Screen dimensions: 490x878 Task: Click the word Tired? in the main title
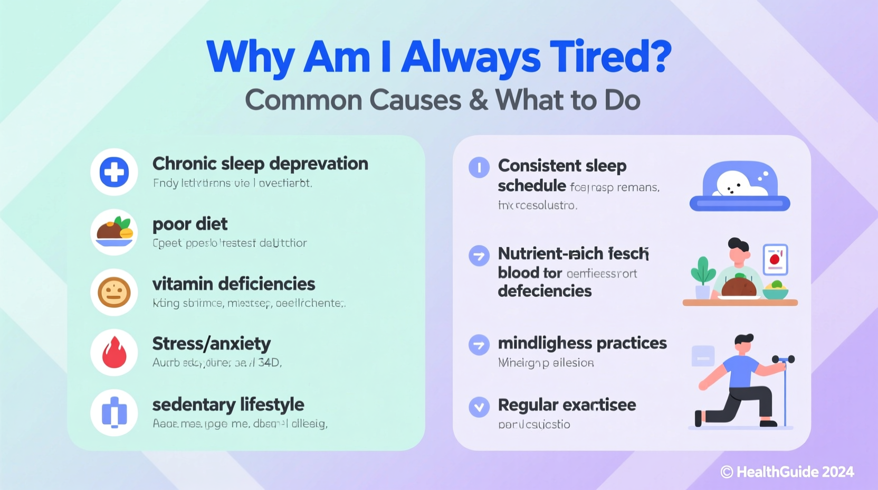tap(610, 57)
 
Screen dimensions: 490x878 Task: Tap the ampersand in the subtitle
tap(478, 100)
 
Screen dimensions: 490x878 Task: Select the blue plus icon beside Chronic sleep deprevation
tap(114, 172)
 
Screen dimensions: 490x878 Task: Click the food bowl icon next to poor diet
tap(114, 232)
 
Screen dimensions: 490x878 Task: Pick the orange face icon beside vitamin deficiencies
tap(114, 293)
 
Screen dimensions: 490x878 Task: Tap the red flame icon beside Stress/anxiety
tap(114, 352)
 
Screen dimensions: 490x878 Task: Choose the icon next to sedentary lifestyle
tap(114, 412)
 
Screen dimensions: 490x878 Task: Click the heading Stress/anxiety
tap(211, 344)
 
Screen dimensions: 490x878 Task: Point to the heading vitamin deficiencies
tap(233, 284)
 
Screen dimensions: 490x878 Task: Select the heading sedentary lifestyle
tap(228, 404)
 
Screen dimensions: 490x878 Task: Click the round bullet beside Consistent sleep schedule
tap(479, 167)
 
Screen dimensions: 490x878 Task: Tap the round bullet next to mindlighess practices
tap(479, 345)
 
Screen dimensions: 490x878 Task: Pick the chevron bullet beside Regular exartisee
tap(479, 407)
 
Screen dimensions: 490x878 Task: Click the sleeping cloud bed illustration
tap(740, 186)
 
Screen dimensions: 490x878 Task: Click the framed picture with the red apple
tap(775, 259)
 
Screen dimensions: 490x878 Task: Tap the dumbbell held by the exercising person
tap(784, 360)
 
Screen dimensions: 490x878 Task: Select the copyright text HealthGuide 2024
tap(788, 472)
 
